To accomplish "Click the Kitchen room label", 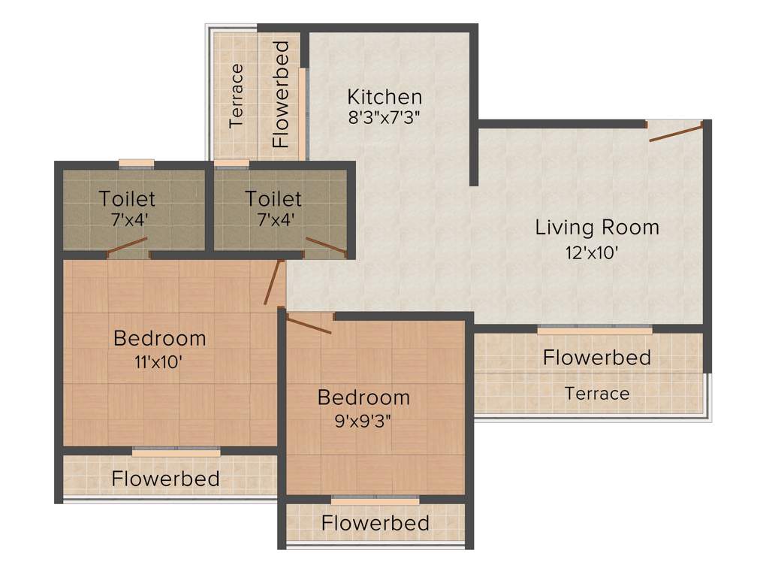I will tap(384, 97).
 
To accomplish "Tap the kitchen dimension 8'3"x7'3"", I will tap(384, 117).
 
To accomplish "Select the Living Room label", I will tap(597, 227).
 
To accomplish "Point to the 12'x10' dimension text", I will tap(592, 252).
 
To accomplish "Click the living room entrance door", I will tap(676, 133).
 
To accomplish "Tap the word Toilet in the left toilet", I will tap(128, 199).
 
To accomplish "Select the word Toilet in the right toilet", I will tap(273, 199).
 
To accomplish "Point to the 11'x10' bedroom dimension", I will tap(158, 362).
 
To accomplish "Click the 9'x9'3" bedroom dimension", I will tap(363, 419).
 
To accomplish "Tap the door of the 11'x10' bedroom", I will tap(273, 282).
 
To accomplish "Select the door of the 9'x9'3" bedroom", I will tap(309, 325).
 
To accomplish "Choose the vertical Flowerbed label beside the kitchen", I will tap(280, 95).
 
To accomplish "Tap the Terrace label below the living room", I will tap(597, 393).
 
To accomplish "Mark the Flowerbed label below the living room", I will tap(597, 358).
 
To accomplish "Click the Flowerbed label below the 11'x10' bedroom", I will tap(166, 479).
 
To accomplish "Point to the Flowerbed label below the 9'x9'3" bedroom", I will tap(375, 523).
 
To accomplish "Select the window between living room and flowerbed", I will tap(595, 330).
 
